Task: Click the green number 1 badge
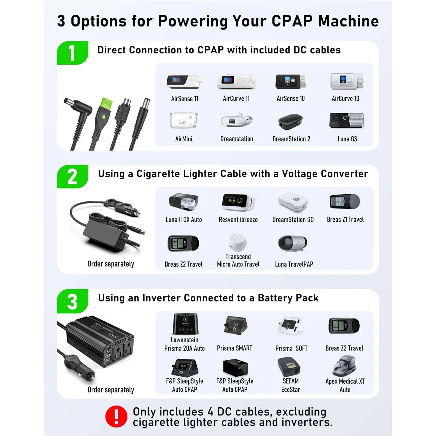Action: (x=72, y=53)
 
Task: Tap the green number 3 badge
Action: (x=72, y=301)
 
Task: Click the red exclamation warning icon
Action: (x=116, y=416)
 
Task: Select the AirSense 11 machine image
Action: (x=184, y=82)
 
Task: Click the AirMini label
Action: (x=184, y=139)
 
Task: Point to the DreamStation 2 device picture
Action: (x=290, y=122)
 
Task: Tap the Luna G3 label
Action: (x=347, y=139)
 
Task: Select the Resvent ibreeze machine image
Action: (x=238, y=202)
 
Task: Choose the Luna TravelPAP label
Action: (x=294, y=264)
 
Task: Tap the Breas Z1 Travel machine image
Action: (x=345, y=202)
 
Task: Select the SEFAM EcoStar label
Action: (x=290, y=385)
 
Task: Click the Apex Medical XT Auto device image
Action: (x=344, y=366)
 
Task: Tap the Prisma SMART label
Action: (x=234, y=348)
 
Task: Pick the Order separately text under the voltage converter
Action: (x=111, y=264)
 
